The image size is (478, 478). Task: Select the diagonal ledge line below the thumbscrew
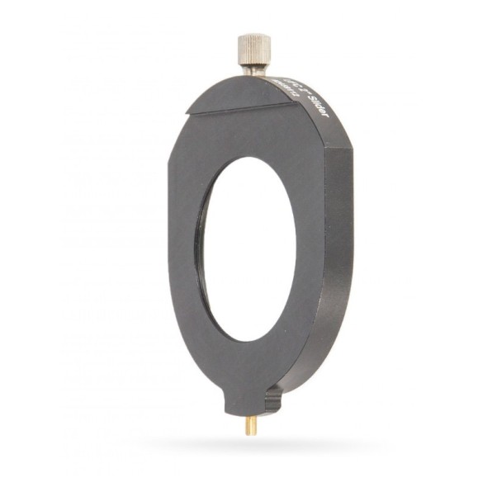[239, 106]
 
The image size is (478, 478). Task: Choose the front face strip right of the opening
[305, 248]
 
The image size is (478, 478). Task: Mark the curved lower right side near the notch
[310, 363]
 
